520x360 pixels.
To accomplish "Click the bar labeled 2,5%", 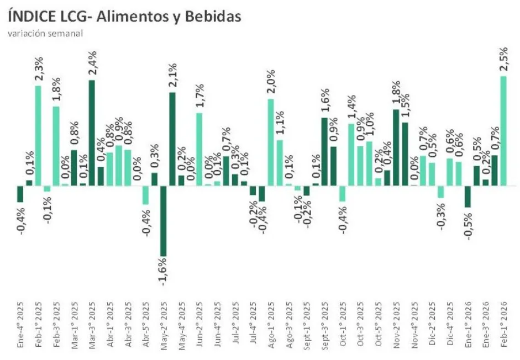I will point(503,130).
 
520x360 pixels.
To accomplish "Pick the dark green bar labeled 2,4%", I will point(91,133).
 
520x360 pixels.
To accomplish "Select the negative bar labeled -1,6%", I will point(163,221).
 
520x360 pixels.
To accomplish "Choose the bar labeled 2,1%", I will point(172,139).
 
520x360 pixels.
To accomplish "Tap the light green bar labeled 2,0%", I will point(270,142).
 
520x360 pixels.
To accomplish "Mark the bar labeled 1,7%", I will point(199,149).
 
